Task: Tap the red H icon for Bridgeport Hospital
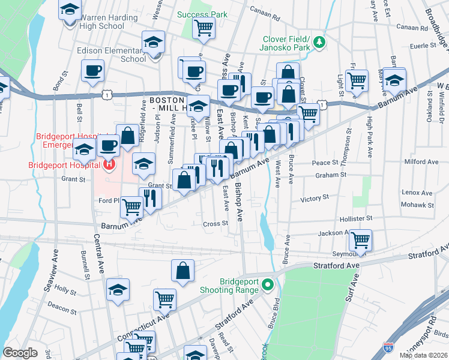(109, 164)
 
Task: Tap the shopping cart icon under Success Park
(204, 27)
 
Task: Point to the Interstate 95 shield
(388, 347)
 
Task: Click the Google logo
(20, 353)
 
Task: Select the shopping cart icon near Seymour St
(360, 240)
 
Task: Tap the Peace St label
(326, 163)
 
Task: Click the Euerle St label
(423, 46)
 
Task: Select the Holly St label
(62, 289)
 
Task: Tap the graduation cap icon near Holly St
(118, 289)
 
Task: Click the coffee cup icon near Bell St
(92, 72)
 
